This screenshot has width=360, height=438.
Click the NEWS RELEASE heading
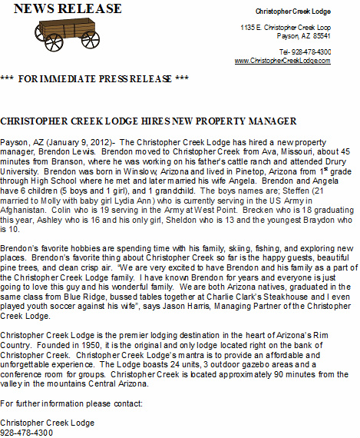coord(68,9)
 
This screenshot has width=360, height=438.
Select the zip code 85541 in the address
coord(322,35)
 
